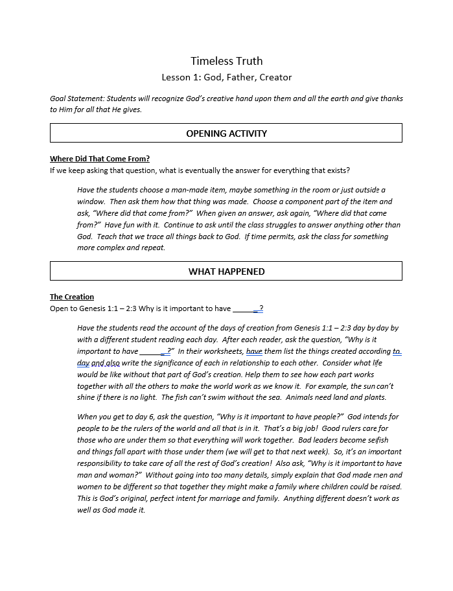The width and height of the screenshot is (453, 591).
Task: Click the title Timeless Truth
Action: coord(226,61)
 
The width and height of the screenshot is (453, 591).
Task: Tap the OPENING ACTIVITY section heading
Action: coord(226,133)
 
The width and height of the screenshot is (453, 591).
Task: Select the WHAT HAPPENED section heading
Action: coord(226,272)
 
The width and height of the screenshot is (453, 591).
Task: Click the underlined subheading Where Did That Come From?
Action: coord(100,159)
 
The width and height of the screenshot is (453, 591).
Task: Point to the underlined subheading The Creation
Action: coord(72,297)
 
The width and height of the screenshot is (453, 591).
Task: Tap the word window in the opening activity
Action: coord(91,202)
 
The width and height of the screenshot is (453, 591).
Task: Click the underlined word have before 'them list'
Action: coord(254,351)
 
